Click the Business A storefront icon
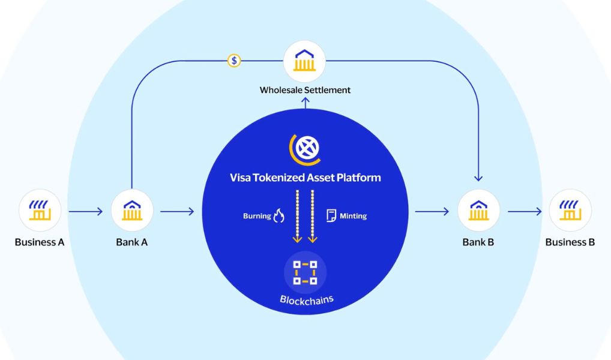tap(40, 211)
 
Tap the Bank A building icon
tap(132, 211)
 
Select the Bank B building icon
tap(478, 211)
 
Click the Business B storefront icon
tap(570, 211)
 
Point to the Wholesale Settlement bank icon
tap(304, 61)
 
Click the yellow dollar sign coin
tap(234, 61)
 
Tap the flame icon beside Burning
tap(278, 215)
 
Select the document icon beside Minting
tap(331, 215)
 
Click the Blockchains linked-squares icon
tap(305, 272)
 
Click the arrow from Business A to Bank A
tap(86, 212)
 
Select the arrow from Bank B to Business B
tap(525, 212)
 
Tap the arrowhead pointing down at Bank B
tap(478, 179)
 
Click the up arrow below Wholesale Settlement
tap(305, 103)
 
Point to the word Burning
tap(257, 216)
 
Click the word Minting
tap(353, 216)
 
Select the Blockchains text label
tap(307, 299)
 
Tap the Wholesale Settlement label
tap(305, 90)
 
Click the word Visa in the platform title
tap(240, 178)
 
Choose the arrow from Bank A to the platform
tap(177, 212)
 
